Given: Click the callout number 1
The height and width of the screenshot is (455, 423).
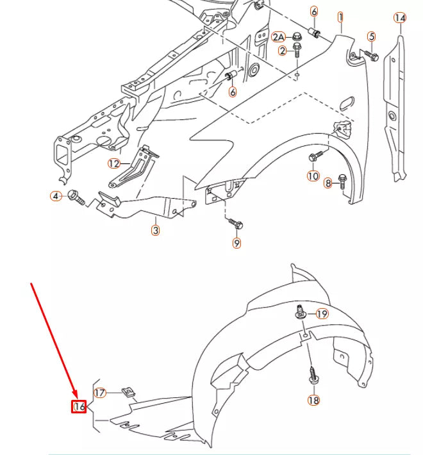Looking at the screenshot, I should point(341,17).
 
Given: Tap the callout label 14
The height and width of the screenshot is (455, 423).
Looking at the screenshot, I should point(400,18).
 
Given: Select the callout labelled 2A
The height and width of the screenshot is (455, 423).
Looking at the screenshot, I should point(279,37).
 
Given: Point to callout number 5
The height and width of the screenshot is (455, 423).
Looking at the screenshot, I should point(371,37).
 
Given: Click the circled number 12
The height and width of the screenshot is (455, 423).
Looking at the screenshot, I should point(114,163).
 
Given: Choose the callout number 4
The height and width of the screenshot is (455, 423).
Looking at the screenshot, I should point(56,195).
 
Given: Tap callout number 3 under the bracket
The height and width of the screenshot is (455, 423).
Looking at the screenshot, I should point(155,230).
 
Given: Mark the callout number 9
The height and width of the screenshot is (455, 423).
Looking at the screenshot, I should point(236,244).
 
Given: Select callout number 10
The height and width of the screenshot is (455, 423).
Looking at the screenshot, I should point(313,176).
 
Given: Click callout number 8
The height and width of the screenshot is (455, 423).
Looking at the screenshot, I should point(328,184).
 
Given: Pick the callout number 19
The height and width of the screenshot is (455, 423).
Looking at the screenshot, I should point(322,314).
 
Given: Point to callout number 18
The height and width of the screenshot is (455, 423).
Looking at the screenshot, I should point(313,401).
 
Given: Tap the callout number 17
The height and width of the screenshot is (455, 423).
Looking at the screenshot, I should point(100,393).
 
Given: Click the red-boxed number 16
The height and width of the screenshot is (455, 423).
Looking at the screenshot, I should point(79,406).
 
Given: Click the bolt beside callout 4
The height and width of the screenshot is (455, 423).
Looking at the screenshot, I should point(75,196).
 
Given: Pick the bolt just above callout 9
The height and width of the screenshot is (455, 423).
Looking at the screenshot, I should point(236,224).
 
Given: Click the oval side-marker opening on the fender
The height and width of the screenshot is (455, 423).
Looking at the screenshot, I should point(344,103).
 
